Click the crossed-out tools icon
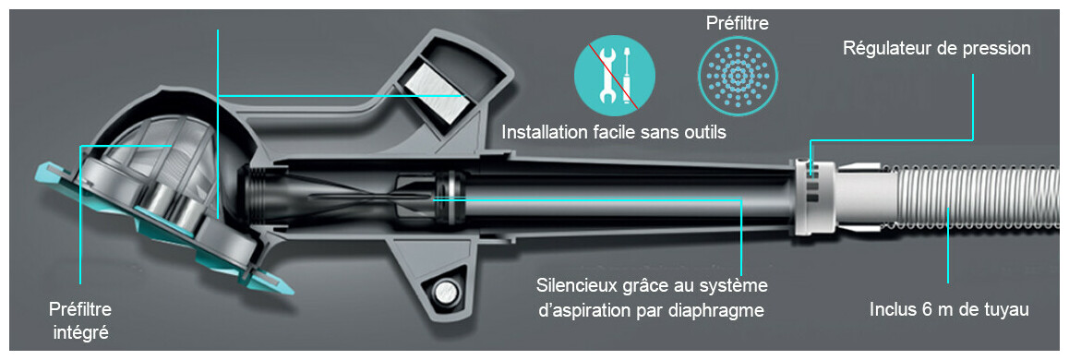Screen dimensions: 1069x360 [x=614, y=75]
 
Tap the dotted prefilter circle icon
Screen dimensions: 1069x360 [x=738, y=75]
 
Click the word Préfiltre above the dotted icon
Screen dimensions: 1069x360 [x=738, y=24]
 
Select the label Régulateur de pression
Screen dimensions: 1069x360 [x=936, y=49]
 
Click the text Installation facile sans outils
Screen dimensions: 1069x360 [x=614, y=132]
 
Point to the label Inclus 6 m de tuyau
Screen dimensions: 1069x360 [x=949, y=309]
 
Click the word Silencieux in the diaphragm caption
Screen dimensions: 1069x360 [x=573, y=283]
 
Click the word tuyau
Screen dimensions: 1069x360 [x=1006, y=311]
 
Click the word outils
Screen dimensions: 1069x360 [x=703, y=132]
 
